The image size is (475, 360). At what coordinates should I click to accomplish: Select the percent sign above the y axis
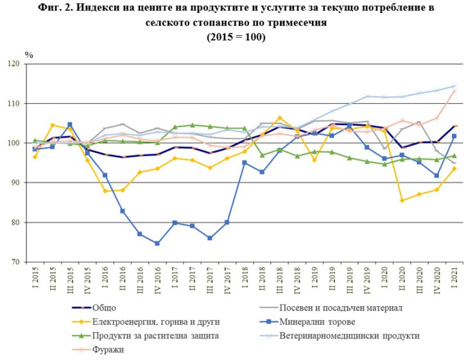tap(28, 54)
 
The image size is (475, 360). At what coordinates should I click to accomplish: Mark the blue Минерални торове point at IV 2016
tap(157, 243)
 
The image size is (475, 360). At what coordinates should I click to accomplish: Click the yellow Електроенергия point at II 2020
tap(402, 201)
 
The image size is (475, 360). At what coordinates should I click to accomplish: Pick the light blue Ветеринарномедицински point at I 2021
tap(455, 86)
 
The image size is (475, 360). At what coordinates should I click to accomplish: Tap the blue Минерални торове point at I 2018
tap(245, 162)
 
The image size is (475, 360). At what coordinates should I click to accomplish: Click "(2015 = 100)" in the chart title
tap(237, 37)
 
